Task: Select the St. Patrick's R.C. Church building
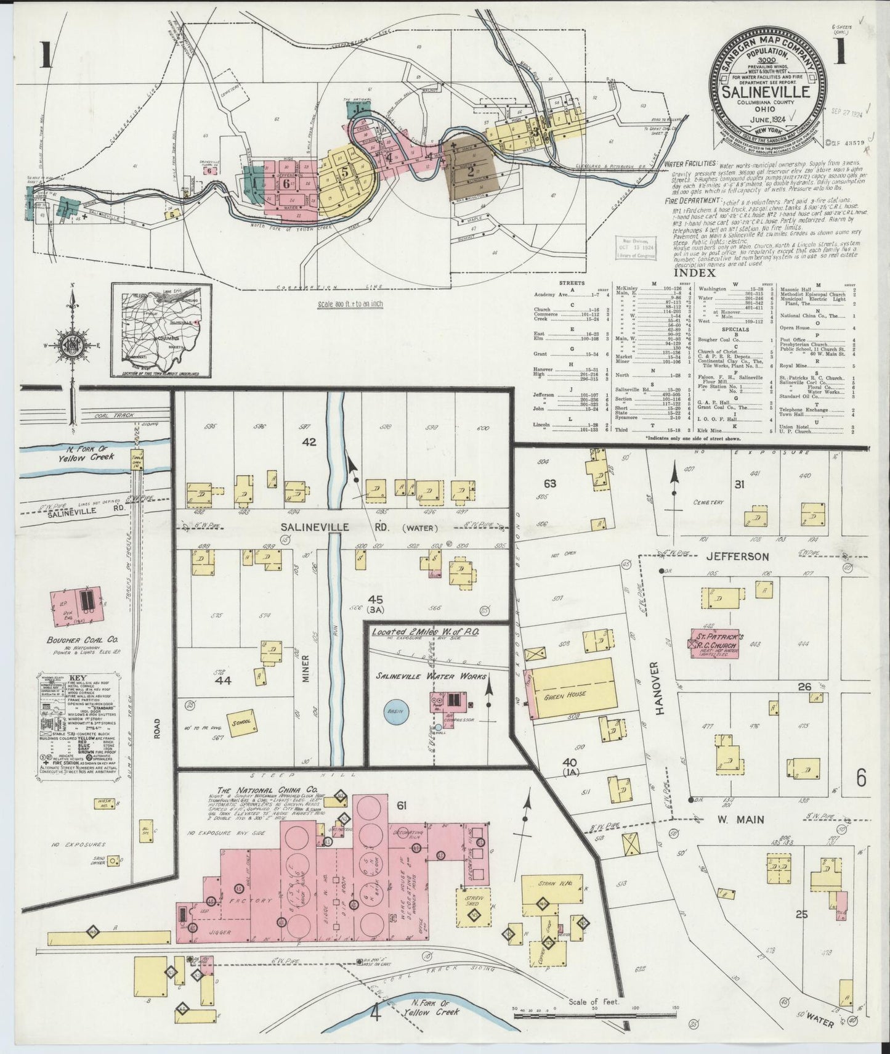(x=718, y=647)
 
